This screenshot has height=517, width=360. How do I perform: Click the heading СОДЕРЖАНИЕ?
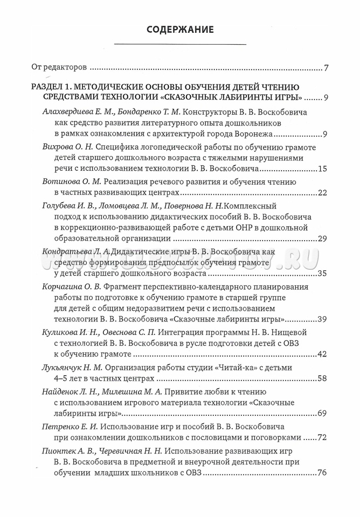point(180,29)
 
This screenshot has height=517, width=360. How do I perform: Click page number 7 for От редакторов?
point(327,68)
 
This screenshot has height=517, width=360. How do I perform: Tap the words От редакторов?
point(59,68)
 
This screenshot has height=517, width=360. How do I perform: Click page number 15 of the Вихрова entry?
point(323,169)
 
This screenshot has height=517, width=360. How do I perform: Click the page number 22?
point(323,192)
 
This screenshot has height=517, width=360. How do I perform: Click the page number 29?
point(323,238)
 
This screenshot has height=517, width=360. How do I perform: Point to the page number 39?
point(323,319)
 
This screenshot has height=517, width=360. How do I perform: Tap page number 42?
point(323,354)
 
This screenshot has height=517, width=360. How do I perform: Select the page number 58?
point(323,378)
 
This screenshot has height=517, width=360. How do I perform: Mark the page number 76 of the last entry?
point(323,472)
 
